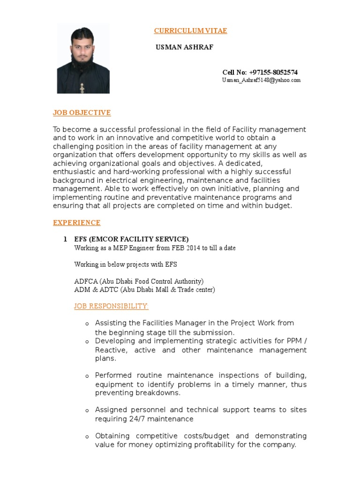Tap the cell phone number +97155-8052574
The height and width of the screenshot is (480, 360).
pos(273,72)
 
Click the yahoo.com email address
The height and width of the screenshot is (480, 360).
pos(261,81)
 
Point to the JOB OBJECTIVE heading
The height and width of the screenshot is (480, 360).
pos(82,112)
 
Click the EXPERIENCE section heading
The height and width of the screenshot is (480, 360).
pos(76,223)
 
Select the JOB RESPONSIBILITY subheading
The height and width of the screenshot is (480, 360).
pos(111,306)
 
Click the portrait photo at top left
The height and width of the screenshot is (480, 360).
pos(83,59)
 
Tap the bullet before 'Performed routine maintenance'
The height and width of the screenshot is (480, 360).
pos(87,376)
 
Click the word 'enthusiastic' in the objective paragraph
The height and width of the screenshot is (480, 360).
pos(73,172)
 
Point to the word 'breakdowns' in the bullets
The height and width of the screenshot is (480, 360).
pos(157,393)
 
